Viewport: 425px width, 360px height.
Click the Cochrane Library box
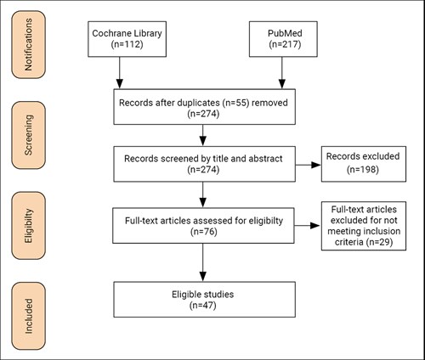click(127, 39)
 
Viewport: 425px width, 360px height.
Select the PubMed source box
click(283, 39)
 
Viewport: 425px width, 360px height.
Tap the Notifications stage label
click(28, 44)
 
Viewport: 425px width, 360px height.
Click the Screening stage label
click(28, 135)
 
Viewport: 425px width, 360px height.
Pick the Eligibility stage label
click(28, 226)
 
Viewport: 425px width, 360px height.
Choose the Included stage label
click(28, 316)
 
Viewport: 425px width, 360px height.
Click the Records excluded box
click(364, 164)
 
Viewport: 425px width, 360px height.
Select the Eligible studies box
click(204, 300)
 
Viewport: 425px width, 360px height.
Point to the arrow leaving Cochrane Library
click(120, 73)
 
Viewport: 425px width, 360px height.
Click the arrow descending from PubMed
click(282, 73)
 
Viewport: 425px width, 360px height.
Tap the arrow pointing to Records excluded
click(309, 165)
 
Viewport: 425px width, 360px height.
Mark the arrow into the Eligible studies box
click(203, 262)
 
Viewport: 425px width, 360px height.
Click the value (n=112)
click(127, 44)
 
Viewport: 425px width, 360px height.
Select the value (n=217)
click(285, 44)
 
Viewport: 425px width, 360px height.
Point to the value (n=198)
click(363, 169)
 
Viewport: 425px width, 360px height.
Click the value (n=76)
click(204, 232)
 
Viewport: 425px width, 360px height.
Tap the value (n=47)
click(203, 306)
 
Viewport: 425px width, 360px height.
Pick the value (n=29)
click(379, 242)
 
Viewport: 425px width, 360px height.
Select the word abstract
click(265, 159)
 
